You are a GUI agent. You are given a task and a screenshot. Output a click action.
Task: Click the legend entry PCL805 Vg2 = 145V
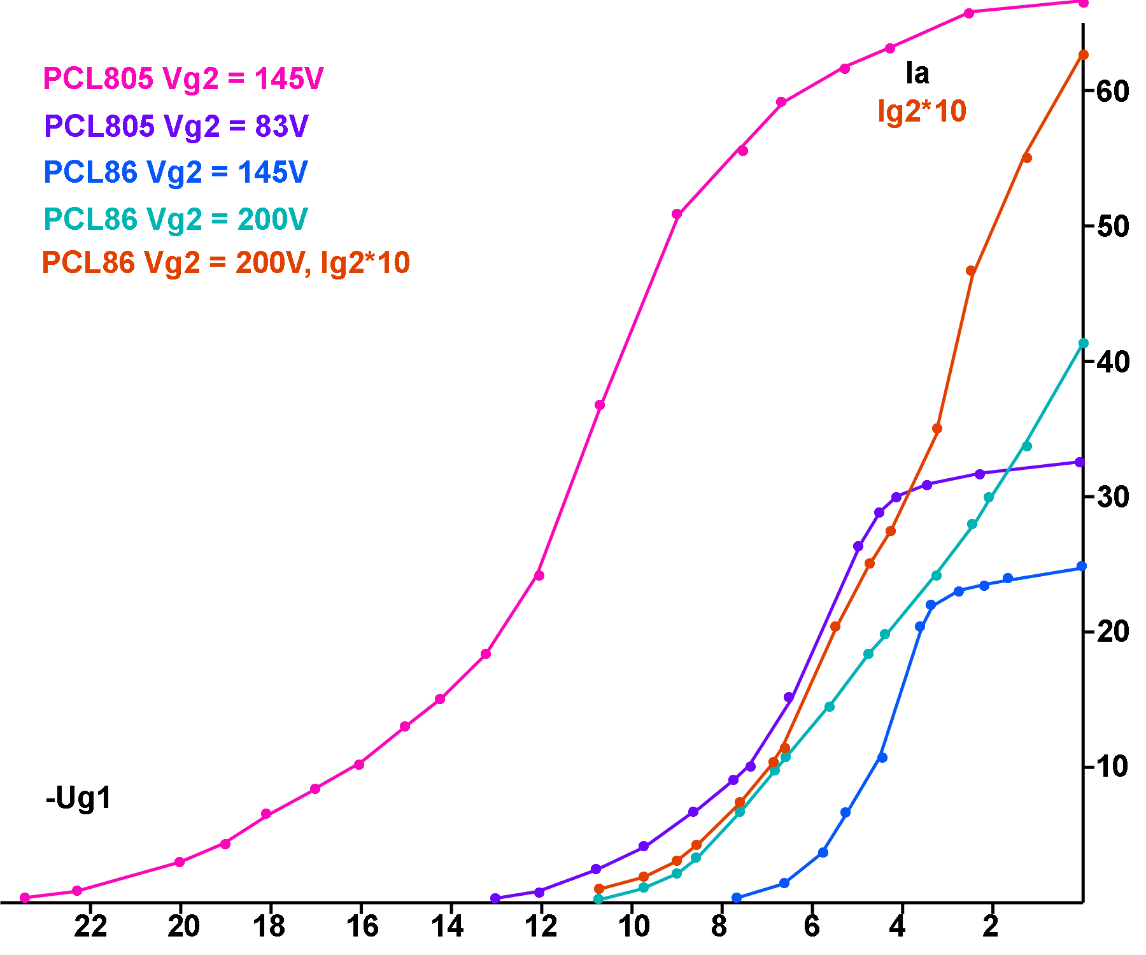coord(183,79)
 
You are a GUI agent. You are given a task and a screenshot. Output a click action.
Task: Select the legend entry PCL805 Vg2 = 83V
coord(176,126)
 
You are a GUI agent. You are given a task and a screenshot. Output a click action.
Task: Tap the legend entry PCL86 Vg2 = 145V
coord(176,173)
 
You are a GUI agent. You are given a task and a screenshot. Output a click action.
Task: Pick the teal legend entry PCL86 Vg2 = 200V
coord(176,220)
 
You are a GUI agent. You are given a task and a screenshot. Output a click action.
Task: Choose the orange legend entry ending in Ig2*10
coord(226,263)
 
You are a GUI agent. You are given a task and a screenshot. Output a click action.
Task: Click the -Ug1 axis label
coord(78,798)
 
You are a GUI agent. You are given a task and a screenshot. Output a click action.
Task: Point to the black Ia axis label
coord(917,74)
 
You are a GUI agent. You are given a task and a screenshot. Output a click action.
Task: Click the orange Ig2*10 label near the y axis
coord(921,111)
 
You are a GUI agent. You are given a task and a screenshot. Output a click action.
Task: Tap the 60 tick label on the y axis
coord(1113,92)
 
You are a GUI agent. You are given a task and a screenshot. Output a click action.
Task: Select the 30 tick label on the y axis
coord(1113,497)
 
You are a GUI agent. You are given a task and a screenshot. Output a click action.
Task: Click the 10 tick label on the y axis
coord(1113,767)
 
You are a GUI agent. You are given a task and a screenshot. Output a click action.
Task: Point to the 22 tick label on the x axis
coord(90,926)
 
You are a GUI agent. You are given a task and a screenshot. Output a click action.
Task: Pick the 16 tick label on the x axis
coord(362,926)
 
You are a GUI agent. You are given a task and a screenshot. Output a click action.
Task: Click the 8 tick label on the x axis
coord(719,926)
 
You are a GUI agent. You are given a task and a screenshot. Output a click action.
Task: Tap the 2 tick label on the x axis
coord(991,926)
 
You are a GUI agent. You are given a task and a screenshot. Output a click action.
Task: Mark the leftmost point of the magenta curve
coord(25,898)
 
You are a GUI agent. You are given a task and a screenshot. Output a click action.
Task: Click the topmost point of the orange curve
coord(1083,55)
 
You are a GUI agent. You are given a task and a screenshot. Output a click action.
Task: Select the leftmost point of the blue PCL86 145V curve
coord(737,898)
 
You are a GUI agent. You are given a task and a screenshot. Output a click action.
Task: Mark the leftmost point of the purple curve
coord(495,898)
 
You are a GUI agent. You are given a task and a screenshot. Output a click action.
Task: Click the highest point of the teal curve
coord(1083,344)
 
